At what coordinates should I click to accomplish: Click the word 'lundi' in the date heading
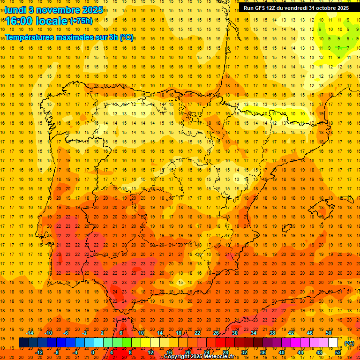[15, 9]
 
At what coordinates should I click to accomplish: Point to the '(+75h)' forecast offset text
[81, 21]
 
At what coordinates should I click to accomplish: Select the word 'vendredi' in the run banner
[293, 8]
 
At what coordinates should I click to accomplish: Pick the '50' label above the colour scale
[329, 333]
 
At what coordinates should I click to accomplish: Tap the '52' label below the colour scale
[338, 352]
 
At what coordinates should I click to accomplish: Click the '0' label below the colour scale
[93, 352]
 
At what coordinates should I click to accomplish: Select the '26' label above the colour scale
[216, 333]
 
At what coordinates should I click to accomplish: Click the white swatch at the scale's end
[333, 343]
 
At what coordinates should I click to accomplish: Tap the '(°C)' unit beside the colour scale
[349, 343]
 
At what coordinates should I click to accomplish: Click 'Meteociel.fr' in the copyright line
[219, 357]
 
